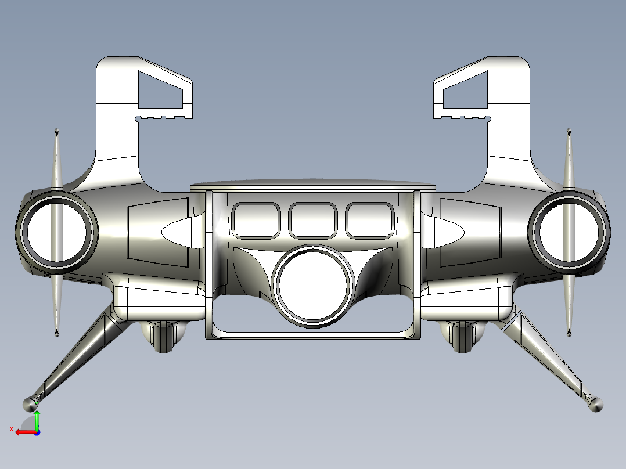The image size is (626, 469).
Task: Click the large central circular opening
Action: (313, 286)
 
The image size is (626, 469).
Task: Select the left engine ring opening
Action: (57, 232)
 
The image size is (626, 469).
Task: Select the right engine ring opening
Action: (569, 232)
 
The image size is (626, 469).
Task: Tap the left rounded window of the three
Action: (256, 221)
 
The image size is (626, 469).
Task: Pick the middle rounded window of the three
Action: (313, 221)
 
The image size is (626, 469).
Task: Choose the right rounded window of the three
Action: (370, 221)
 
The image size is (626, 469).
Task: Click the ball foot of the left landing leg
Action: (30, 405)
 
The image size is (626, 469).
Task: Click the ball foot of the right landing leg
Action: (596, 405)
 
